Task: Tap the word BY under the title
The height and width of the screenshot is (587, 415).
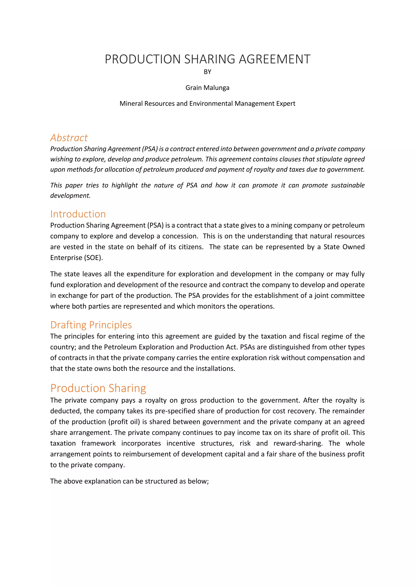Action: click(x=207, y=72)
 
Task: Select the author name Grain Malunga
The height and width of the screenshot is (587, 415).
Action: click(x=207, y=88)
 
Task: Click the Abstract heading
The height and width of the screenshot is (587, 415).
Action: click(x=69, y=138)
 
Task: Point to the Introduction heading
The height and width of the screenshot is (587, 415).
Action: click(x=78, y=214)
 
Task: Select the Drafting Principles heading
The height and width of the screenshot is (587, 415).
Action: click(x=91, y=325)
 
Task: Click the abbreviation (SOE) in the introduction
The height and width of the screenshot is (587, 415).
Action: click(x=93, y=258)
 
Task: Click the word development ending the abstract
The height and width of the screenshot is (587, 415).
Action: click(x=70, y=196)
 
